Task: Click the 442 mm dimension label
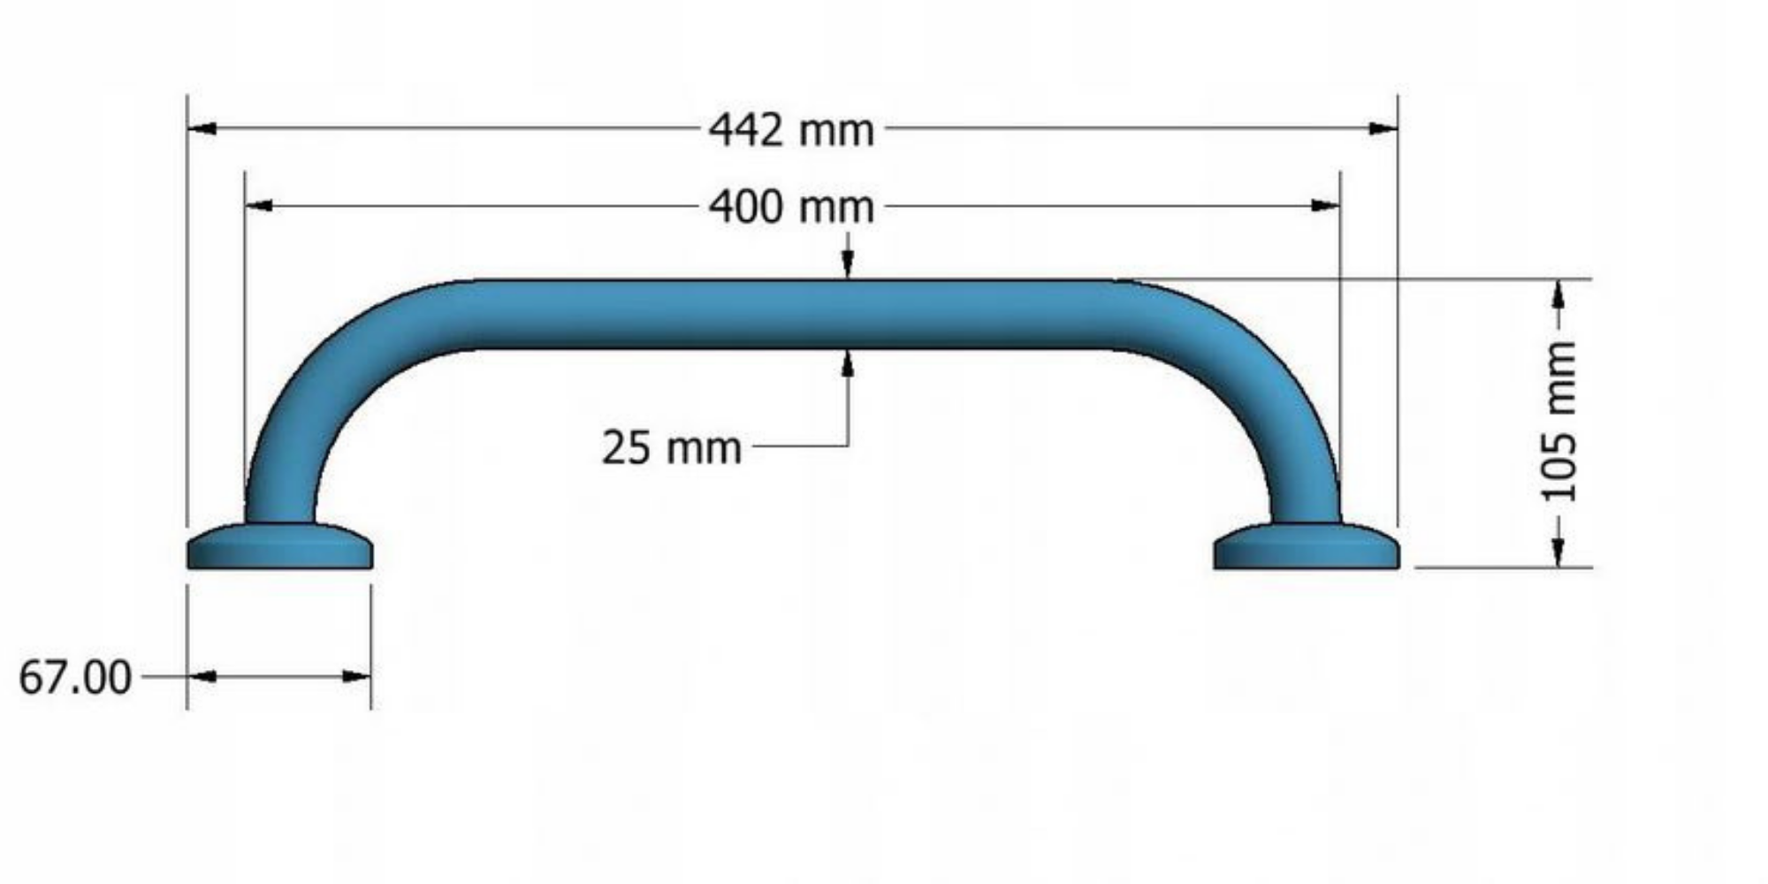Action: (791, 130)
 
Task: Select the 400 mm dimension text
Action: (791, 208)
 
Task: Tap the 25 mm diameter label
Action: (672, 447)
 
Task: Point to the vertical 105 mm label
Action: (1559, 422)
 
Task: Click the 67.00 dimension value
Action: (75, 678)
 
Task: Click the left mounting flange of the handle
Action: (279, 546)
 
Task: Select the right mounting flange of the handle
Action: (1307, 546)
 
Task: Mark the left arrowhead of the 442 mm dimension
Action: (202, 129)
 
